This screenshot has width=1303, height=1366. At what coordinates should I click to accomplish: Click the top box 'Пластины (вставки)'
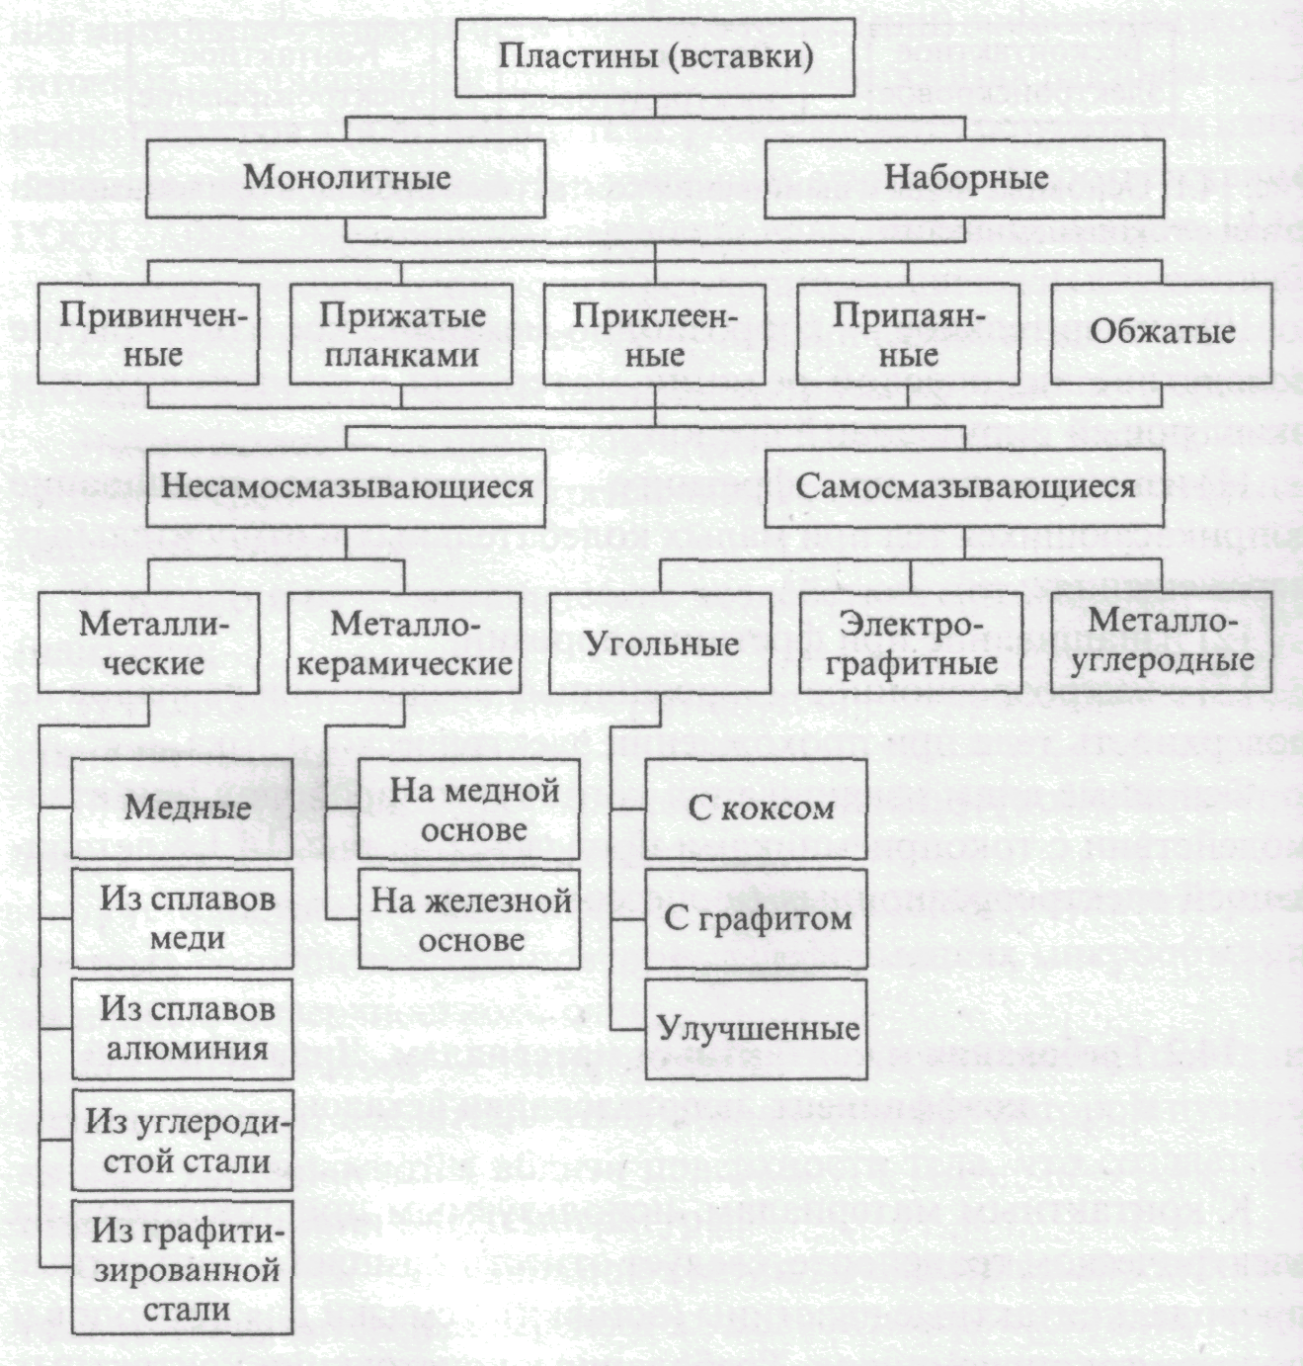tap(655, 56)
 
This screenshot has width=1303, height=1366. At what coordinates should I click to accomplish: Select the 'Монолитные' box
tap(346, 178)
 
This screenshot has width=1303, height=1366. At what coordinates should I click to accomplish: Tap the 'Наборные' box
tap(965, 178)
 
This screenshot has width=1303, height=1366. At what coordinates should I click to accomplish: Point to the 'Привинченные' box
tap(149, 334)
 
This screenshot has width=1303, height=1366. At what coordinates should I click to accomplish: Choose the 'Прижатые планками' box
tap(401, 334)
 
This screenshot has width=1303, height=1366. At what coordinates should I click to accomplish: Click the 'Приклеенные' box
tap(654, 334)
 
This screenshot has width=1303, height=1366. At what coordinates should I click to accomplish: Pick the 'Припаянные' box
tap(908, 334)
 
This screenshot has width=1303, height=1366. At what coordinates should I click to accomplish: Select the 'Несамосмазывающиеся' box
tap(346, 487)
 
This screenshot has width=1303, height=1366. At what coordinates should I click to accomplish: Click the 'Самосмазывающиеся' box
tap(965, 487)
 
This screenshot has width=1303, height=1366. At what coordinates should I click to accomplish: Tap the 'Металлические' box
tap(149, 642)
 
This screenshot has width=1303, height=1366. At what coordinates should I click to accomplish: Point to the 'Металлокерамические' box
tap(404, 642)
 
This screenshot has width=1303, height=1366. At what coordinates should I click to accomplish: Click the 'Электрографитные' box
tap(910, 642)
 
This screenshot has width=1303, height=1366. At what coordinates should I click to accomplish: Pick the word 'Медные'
tap(188, 808)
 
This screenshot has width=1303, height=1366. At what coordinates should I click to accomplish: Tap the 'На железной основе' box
tap(470, 919)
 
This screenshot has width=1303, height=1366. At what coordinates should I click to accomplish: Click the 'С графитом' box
tap(757, 918)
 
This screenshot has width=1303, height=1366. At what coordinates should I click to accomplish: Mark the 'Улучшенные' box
tap(757, 1029)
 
